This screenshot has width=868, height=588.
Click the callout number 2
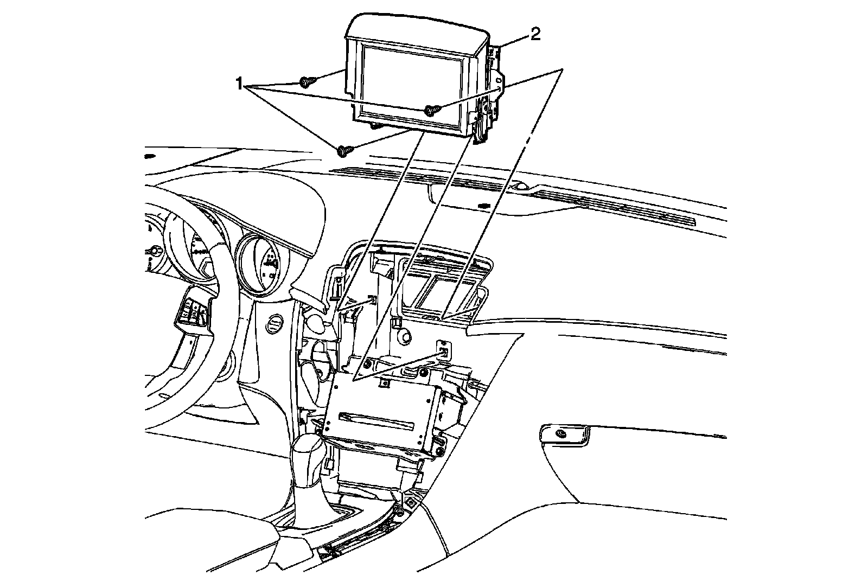tap(535, 35)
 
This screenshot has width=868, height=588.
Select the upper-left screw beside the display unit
tap(305, 82)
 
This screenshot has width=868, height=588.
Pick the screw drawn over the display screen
tap(432, 110)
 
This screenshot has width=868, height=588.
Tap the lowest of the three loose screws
tap(343, 151)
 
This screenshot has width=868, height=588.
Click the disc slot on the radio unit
tap(378, 419)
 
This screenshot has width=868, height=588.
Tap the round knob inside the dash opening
tap(404, 337)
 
